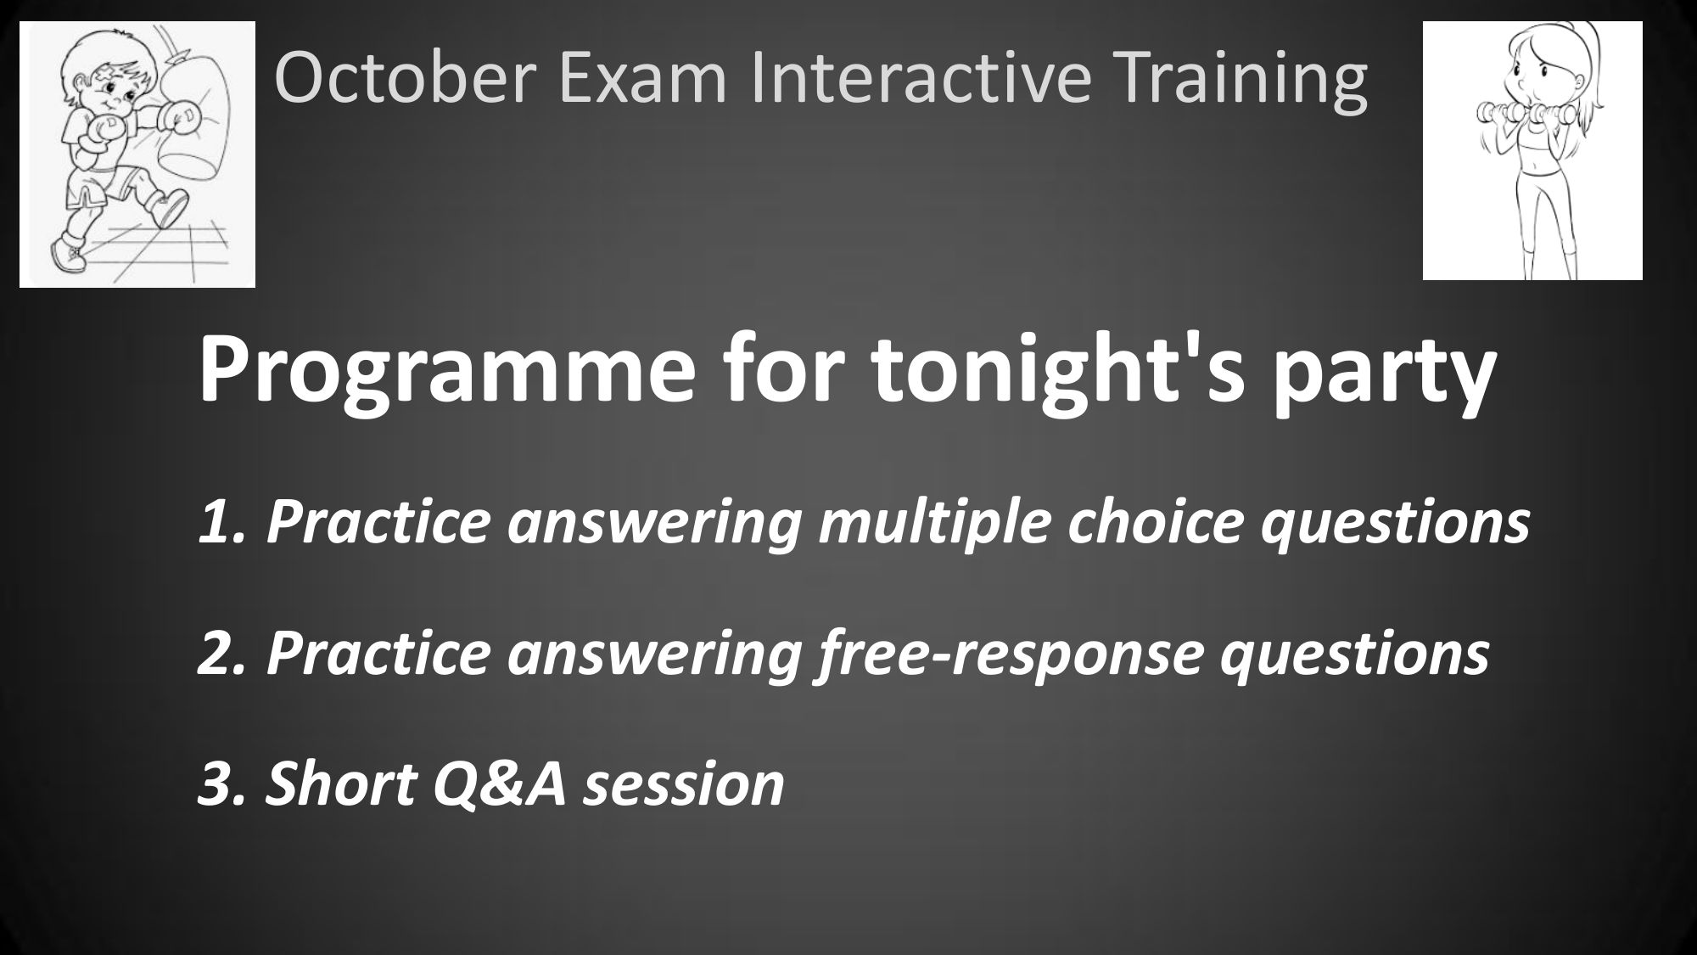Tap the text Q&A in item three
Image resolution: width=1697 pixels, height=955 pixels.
[500, 784]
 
